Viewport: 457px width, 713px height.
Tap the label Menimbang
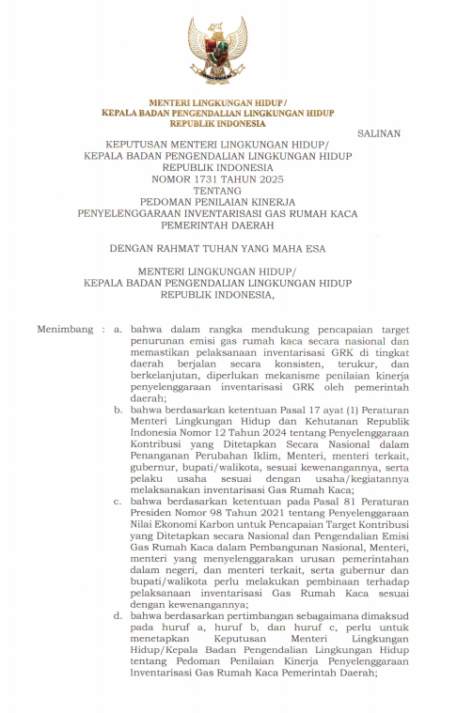click(x=65, y=330)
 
